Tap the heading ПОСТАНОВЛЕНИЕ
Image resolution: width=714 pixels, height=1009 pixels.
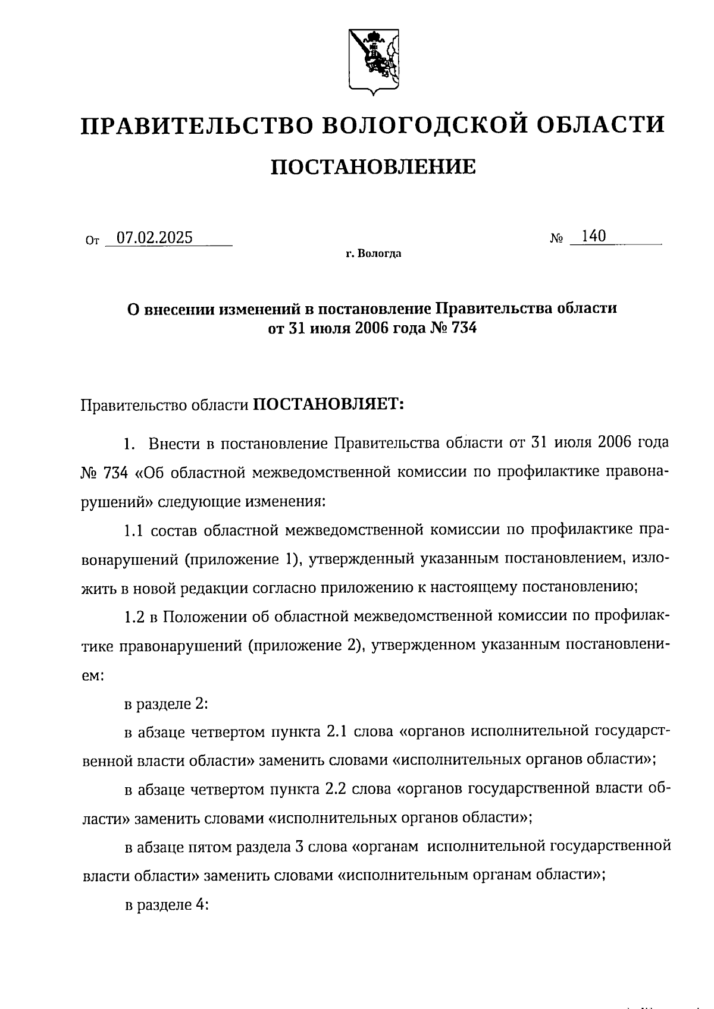click(x=373, y=167)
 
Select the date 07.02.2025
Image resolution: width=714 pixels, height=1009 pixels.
click(x=155, y=238)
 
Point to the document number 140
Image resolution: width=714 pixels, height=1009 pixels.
click(x=593, y=236)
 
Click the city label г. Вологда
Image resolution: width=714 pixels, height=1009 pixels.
click(x=373, y=254)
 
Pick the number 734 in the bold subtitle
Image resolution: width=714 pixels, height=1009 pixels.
click(x=464, y=328)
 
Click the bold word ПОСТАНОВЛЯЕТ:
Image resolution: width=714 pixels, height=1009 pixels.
click(x=328, y=404)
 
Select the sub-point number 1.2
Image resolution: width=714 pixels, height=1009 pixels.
click(x=134, y=617)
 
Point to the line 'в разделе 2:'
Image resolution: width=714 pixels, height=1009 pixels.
click(x=165, y=704)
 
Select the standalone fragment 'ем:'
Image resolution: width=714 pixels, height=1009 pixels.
click(x=92, y=675)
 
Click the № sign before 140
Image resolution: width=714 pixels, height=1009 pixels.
click(x=557, y=238)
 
